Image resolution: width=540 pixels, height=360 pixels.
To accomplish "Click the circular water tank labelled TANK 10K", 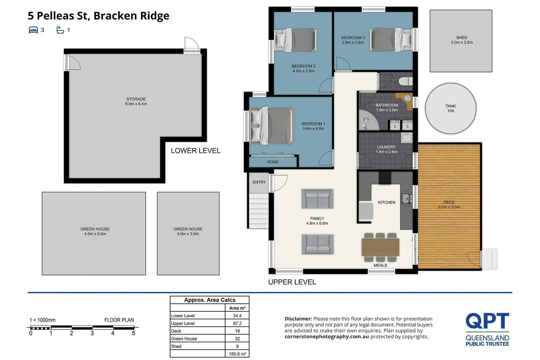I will coord(450,109).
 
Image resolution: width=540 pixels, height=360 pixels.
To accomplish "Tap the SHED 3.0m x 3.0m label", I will coord(462,40).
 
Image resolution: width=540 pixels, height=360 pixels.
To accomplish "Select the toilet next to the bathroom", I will coord(405,81).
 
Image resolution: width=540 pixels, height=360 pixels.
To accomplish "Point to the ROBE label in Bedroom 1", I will coord(273,162).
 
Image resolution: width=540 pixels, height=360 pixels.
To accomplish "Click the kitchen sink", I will coord(406,199).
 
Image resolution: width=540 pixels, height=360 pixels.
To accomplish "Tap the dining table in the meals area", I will coord(380,247).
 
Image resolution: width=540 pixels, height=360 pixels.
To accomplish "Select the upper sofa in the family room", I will coord(317,199).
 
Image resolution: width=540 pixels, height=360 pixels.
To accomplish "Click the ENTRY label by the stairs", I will coord(259,182).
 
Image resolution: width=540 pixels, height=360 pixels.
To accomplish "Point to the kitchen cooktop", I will coord(385,178).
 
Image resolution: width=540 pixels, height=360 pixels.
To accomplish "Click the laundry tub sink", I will coord(407,137).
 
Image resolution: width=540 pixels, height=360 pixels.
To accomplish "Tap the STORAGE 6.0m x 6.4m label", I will coord(136,102).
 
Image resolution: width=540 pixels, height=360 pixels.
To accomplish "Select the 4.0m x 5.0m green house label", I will coord(95,232).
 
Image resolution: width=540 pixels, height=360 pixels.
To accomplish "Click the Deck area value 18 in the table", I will coord(237,331).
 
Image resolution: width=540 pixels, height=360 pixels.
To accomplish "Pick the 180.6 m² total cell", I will coord(237,354).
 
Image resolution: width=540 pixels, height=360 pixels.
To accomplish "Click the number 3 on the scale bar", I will coord(92,333).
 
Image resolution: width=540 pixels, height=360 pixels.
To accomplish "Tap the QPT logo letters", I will coord(487,321).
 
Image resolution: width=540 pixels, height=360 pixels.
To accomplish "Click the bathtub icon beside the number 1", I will coord(60,30).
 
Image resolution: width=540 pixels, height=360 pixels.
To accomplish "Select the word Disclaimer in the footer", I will coord(298,319).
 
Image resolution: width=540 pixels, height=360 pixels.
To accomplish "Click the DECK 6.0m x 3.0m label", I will coord(449,205).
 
